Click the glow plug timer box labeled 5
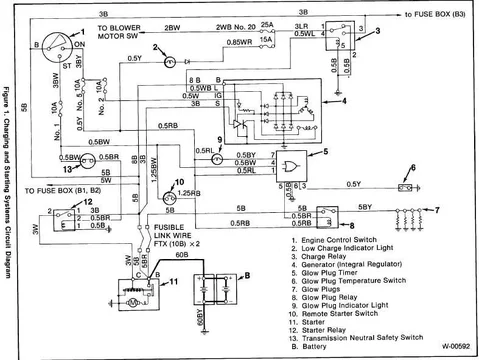point(293,162)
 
